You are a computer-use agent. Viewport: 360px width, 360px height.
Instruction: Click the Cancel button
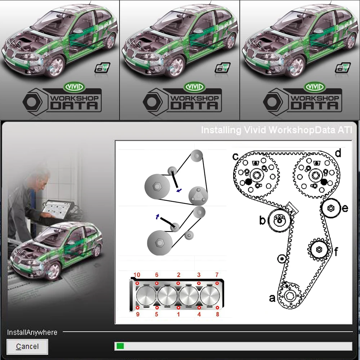(x=27, y=347)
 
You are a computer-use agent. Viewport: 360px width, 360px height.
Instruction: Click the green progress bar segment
(x=120, y=346)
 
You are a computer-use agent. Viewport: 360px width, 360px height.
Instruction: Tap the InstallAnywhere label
(x=32, y=332)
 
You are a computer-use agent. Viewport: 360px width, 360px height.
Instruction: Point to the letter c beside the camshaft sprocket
(x=235, y=157)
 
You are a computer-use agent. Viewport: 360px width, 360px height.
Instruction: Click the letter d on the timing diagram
(x=338, y=153)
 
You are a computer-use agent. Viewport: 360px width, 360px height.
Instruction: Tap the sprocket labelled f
(x=318, y=249)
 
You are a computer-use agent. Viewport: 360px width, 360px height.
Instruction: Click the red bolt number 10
(x=137, y=275)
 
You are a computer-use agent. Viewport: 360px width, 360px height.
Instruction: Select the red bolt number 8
(x=217, y=314)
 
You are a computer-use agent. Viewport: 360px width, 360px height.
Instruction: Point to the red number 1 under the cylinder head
(x=178, y=314)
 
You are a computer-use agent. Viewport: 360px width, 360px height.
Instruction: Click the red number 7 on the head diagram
(x=217, y=275)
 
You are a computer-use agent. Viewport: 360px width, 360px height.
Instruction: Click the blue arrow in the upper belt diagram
(x=179, y=190)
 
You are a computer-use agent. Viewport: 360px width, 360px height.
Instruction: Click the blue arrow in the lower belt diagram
(x=157, y=216)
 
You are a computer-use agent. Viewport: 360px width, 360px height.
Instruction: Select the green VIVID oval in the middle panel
(x=194, y=87)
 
